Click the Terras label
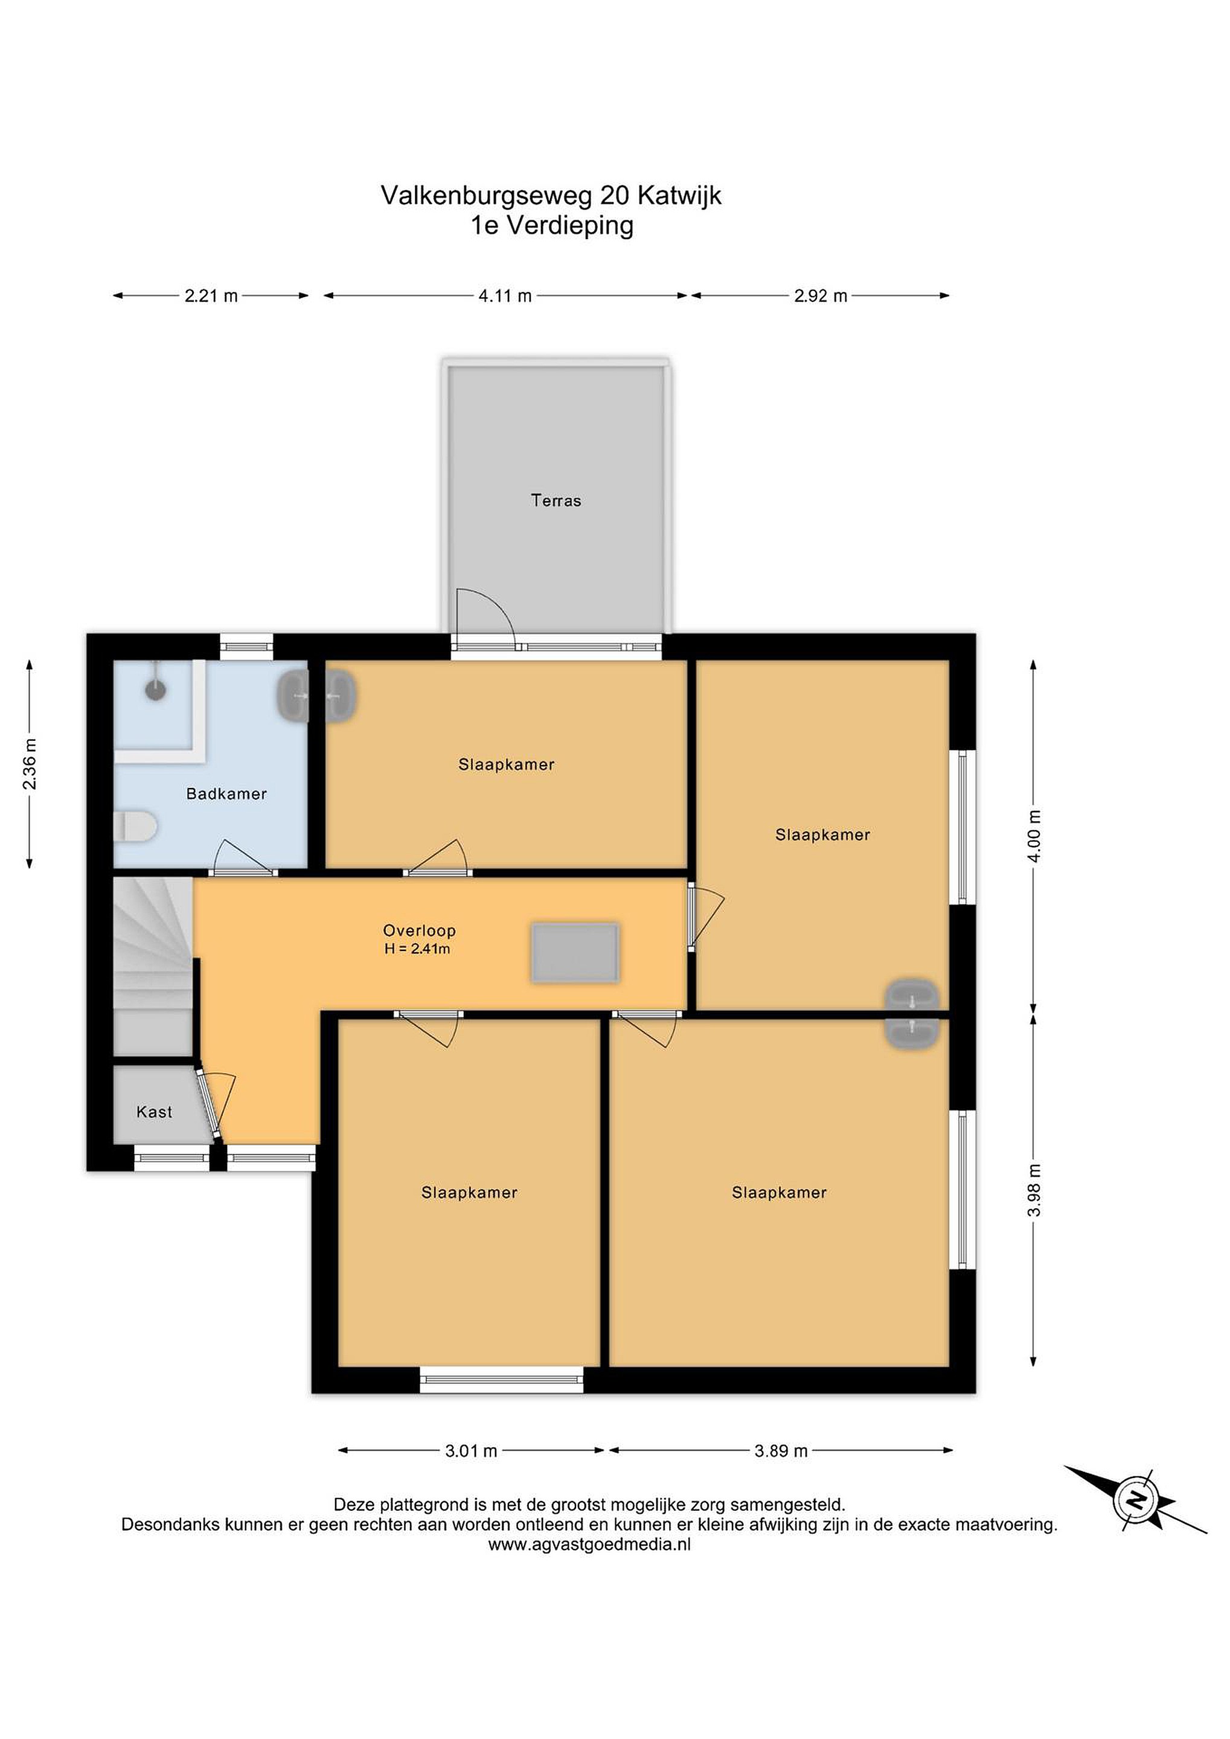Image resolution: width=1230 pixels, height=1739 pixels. pyautogui.click(x=556, y=500)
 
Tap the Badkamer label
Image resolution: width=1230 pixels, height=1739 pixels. pyautogui.click(x=226, y=794)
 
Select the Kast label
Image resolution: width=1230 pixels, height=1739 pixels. pyautogui.click(x=155, y=1112)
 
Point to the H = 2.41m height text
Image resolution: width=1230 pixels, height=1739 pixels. pyautogui.click(x=417, y=949)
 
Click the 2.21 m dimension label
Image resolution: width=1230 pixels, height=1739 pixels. pyautogui.click(x=211, y=296)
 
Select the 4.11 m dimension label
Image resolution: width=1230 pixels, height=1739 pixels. pyautogui.click(x=505, y=296)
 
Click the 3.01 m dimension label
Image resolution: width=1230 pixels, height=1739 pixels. pyautogui.click(x=471, y=1451)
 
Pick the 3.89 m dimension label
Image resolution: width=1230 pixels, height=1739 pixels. pyautogui.click(x=781, y=1451)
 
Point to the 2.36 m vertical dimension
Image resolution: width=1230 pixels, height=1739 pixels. pyautogui.click(x=30, y=763)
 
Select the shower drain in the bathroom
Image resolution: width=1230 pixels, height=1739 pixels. pyautogui.click(x=155, y=690)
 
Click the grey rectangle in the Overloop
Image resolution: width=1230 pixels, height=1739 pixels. pyautogui.click(x=575, y=952)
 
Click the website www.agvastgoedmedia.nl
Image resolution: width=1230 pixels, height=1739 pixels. pyautogui.click(x=589, y=1545)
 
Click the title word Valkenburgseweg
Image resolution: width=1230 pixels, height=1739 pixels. pyautogui.click(x=486, y=196)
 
